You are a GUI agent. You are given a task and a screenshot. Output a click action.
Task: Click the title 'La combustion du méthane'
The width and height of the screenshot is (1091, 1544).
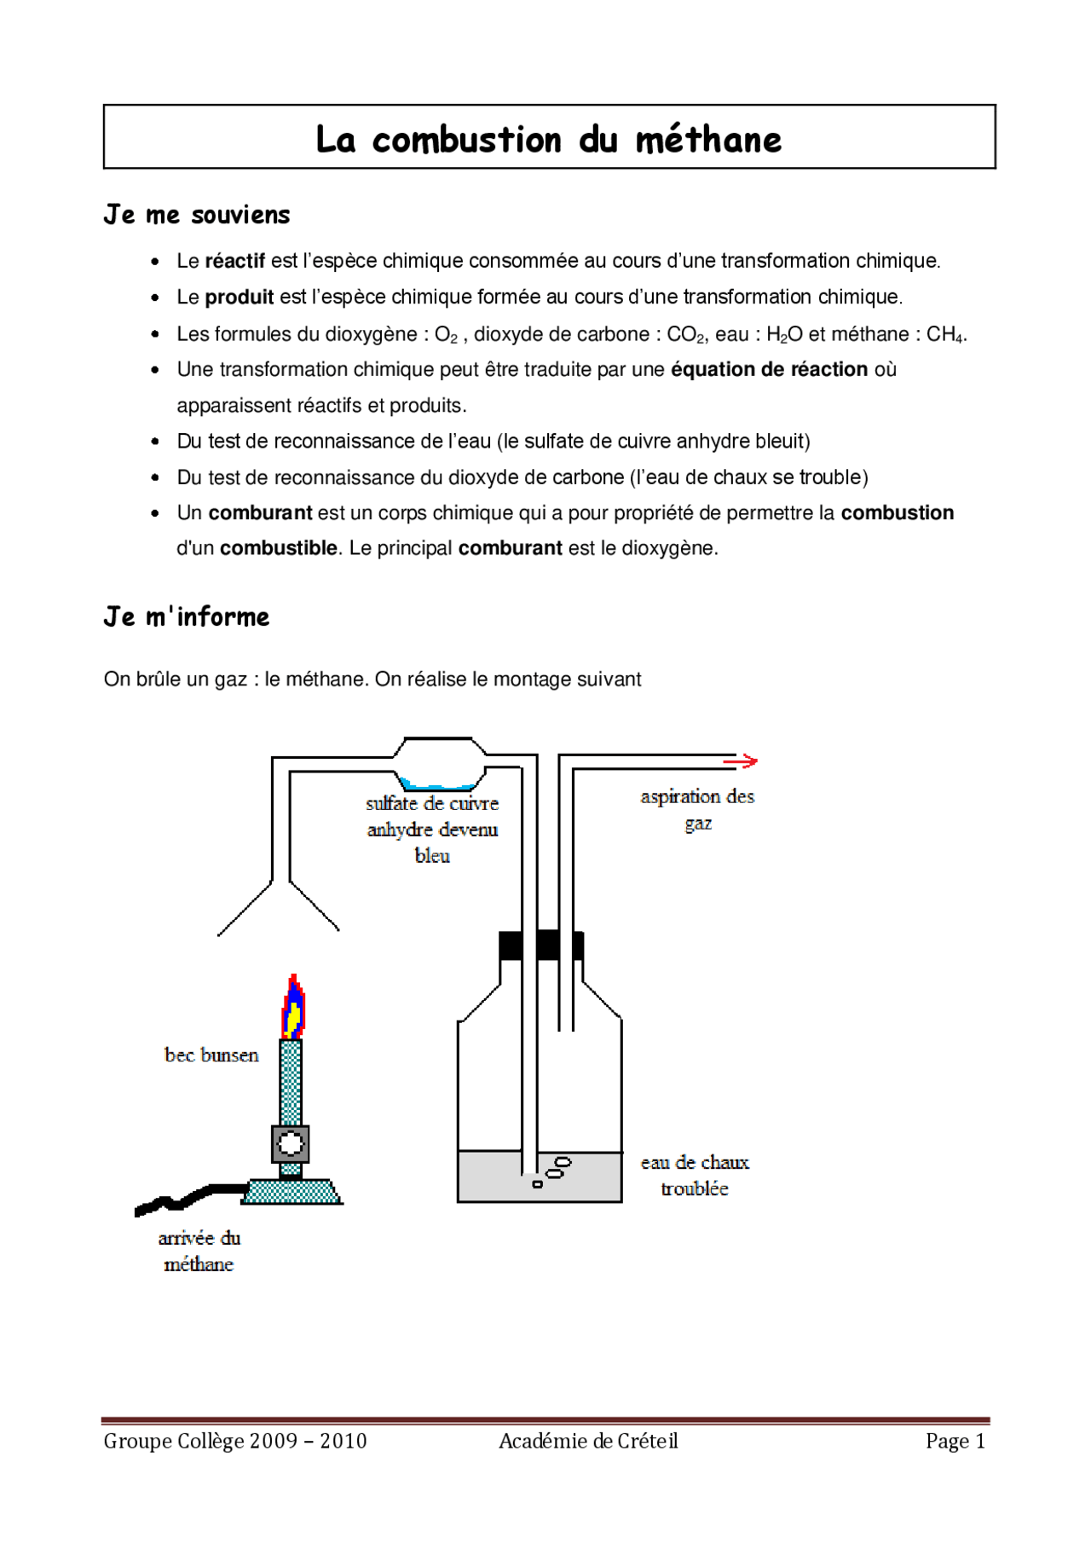coord(548,139)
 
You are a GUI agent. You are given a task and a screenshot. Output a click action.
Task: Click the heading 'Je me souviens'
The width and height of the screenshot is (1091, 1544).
coord(197,215)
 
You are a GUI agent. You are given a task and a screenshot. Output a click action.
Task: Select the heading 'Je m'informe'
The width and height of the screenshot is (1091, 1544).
coord(187,616)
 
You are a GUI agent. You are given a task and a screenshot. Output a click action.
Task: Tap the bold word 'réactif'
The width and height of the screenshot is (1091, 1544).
coord(234,261)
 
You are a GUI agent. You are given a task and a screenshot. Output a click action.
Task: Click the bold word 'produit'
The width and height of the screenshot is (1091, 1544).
coord(239,297)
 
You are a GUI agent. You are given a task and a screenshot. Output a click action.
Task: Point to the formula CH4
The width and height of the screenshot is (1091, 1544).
coord(945,334)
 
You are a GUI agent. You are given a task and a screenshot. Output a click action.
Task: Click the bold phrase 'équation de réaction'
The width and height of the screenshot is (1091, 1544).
coord(769,369)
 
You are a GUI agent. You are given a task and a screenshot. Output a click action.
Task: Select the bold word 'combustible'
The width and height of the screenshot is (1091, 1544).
coord(278,548)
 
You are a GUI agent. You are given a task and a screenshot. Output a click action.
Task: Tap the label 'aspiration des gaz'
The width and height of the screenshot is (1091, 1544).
coord(697,809)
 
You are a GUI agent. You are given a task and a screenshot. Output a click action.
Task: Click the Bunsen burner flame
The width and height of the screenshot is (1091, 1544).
coord(293,1009)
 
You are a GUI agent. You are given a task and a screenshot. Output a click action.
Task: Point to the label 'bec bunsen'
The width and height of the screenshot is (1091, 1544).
coord(211,1055)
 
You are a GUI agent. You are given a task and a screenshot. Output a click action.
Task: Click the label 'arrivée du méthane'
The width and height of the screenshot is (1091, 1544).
coord(199,1251)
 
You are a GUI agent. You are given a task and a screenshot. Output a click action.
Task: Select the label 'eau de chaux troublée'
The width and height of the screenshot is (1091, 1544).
coord(695,1175)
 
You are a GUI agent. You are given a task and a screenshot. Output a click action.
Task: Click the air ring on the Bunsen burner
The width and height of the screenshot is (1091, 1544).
coord(290,1144)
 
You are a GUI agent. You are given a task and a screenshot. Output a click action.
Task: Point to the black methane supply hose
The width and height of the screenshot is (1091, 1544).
coord(188,1197)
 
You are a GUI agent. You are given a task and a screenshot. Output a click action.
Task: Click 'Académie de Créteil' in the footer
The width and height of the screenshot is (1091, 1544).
coord(588,1441)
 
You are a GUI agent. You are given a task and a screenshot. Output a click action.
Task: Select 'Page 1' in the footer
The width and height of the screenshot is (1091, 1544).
coord(955,1441)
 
